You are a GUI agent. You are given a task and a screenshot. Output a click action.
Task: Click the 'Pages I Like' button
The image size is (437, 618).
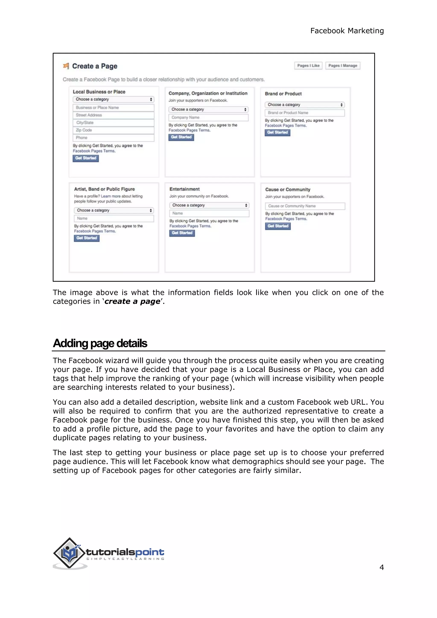308,66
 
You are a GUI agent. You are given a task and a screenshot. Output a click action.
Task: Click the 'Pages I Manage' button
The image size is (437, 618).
342,66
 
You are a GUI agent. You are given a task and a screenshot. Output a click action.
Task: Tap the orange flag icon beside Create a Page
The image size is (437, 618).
66,66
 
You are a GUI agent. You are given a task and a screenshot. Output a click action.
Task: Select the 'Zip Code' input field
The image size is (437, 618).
113,130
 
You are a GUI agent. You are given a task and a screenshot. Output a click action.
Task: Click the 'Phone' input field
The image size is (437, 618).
113,138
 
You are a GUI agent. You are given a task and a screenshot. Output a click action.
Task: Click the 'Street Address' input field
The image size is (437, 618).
113,115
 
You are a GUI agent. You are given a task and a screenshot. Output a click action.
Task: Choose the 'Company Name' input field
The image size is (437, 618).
208,118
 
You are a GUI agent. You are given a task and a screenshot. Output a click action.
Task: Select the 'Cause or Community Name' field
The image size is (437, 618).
305,206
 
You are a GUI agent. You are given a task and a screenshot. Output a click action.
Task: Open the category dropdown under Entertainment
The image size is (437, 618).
209,205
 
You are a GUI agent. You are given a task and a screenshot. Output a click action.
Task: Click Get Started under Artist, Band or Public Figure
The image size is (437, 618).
87,238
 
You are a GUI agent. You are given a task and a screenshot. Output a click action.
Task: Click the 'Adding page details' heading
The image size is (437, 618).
100,343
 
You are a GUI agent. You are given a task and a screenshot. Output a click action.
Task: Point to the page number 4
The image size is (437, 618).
381,567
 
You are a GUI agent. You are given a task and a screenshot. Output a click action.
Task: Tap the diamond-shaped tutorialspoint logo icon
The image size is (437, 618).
69,553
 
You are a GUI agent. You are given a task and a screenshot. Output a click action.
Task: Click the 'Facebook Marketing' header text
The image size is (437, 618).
347,31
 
